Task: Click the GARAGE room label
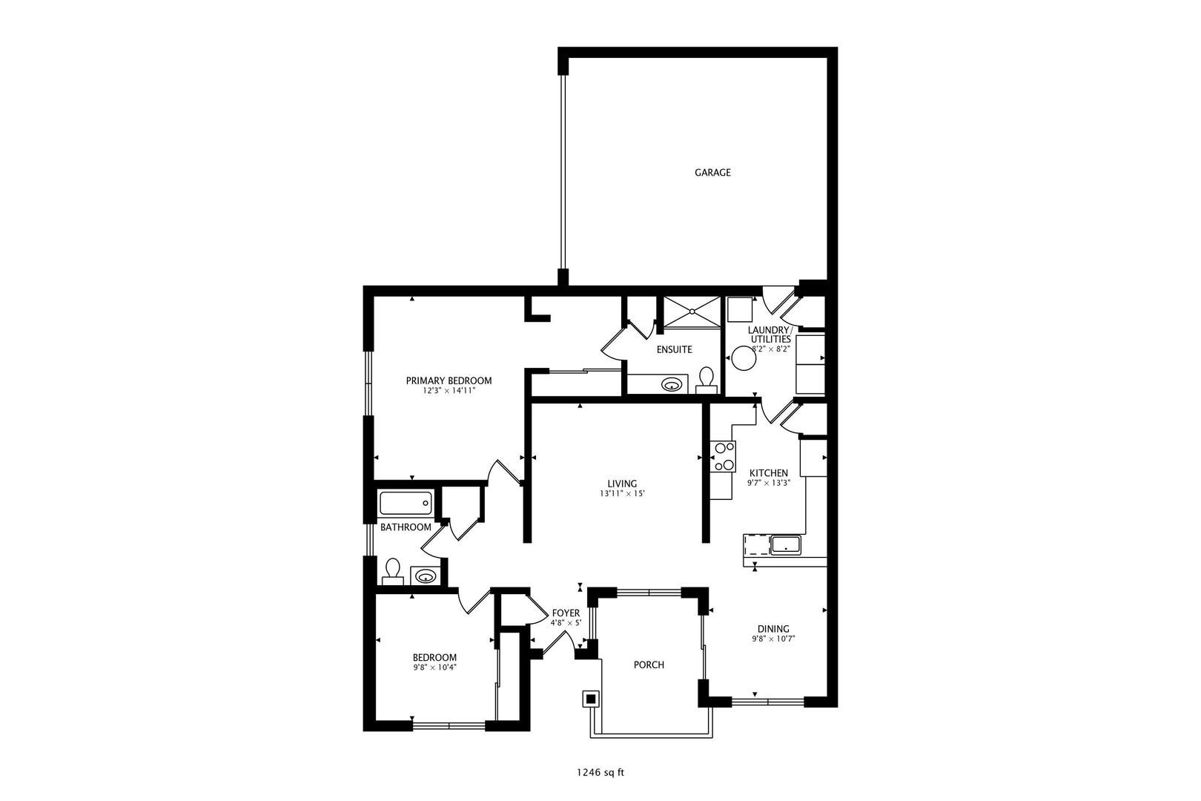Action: [712, 173]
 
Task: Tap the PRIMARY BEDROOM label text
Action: [449, 381]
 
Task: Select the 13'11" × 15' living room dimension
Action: [622, 494]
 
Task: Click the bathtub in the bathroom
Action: [406, 504]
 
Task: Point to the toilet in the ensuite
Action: [707, 380]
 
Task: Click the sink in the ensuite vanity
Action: [672, 384]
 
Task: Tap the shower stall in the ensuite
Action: [692, 311]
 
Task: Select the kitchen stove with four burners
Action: [724, 457]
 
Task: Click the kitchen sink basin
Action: [786, 544]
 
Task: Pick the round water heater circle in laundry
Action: [744, 358]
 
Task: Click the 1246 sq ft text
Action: [600, 773]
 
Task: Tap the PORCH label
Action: [649, 665]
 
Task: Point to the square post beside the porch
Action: [591, 699]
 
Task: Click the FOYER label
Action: [566, 613]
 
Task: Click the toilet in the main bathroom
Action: [392, 571]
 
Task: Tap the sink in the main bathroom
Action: [426, 577]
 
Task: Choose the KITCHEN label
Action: [768, 473]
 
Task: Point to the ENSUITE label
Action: [674, 350]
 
